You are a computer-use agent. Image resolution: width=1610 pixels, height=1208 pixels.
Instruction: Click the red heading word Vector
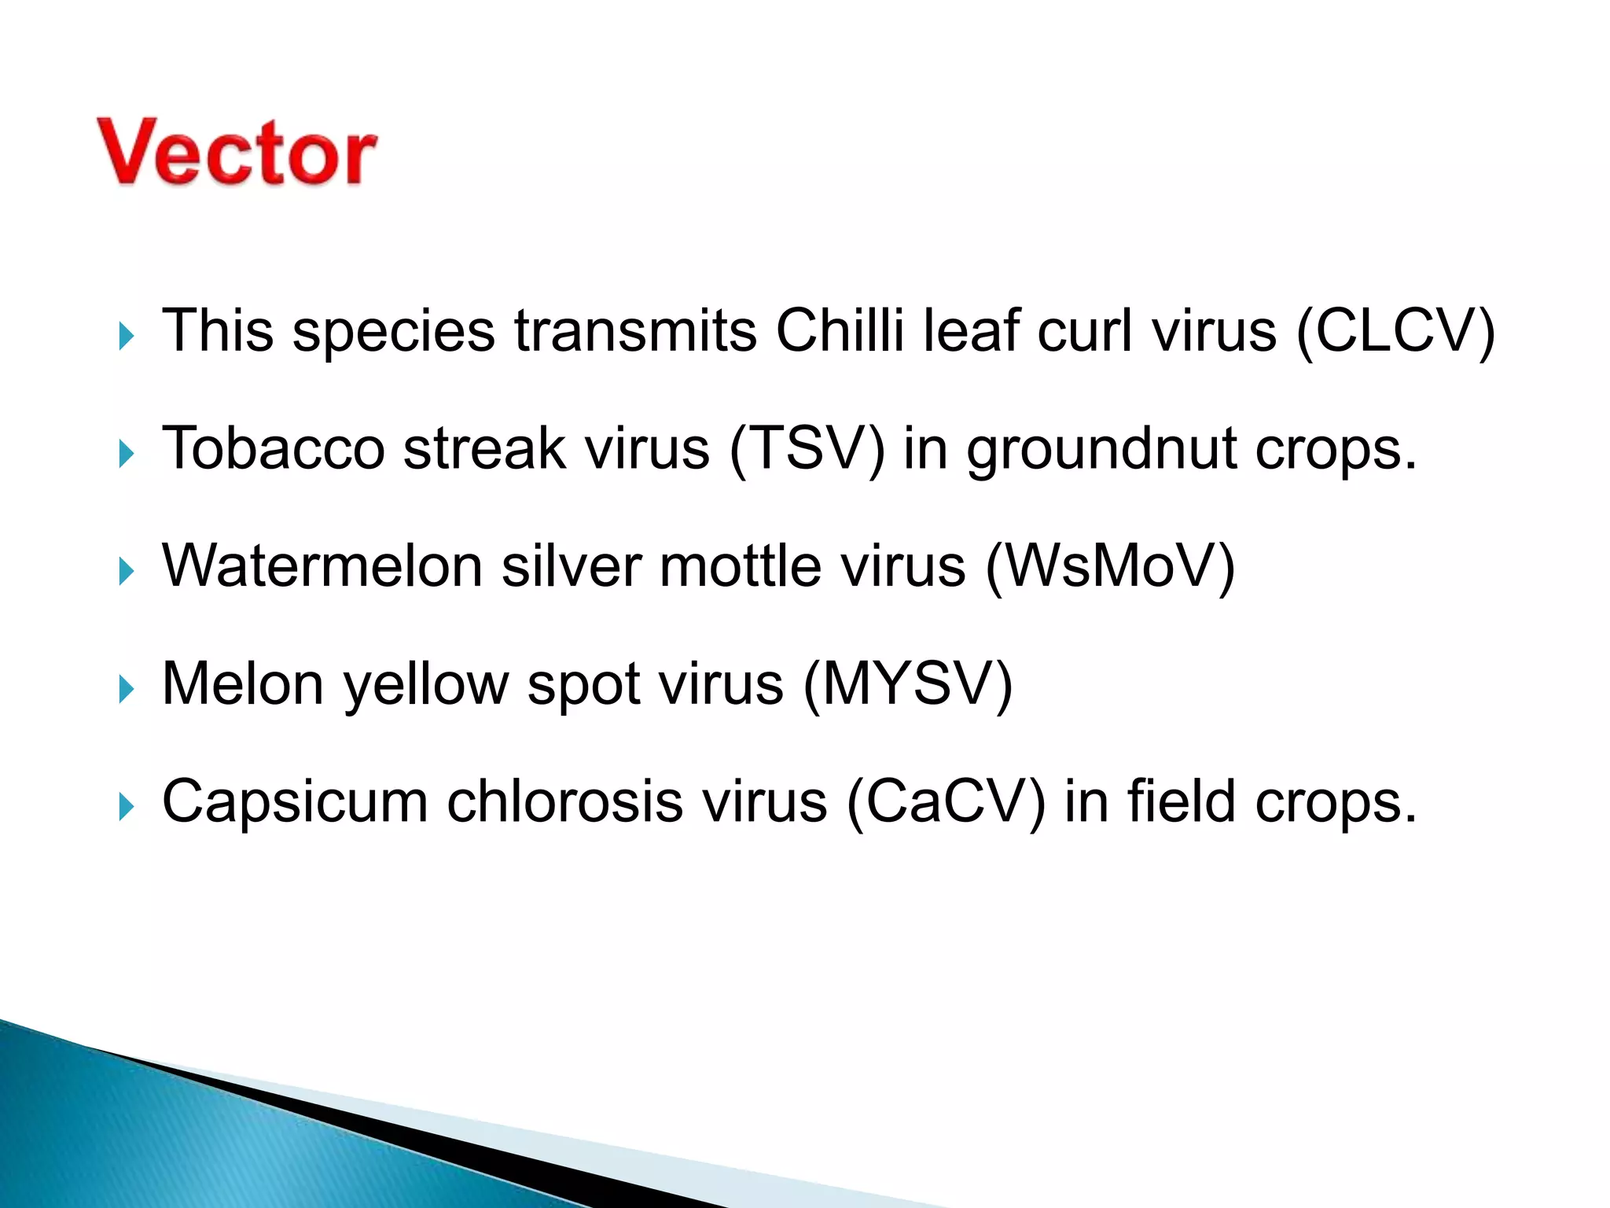tap(237, 153)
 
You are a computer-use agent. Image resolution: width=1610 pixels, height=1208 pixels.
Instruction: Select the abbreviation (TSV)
tap(807, 449)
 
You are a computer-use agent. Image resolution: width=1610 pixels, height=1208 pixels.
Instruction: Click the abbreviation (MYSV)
tap(907, 684)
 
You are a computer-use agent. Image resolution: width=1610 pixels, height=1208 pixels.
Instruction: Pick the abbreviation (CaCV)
tap(946, 802)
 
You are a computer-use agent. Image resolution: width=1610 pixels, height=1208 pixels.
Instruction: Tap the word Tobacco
tap(273, 449)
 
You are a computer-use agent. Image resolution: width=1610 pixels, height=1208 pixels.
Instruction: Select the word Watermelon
tap(322, 566)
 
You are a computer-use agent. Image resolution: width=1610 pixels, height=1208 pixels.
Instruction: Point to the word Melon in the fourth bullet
tap(243, 684)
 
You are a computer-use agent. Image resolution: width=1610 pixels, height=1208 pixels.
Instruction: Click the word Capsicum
tap(295, 802)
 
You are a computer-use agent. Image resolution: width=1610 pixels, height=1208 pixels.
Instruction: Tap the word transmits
tap(635, 331)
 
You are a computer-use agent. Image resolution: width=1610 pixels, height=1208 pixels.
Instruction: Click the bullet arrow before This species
tap(126, 337)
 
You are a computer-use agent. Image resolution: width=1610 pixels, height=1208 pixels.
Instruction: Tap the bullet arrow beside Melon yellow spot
tap(126, 690)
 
